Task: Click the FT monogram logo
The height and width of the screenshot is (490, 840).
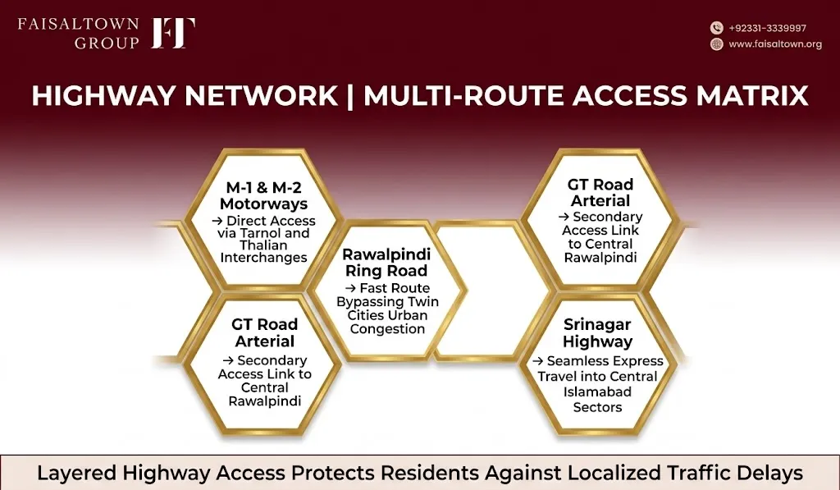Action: pos(173,33)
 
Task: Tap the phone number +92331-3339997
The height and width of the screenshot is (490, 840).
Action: pos(767,28)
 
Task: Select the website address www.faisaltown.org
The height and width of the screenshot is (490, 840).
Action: pos(775,44)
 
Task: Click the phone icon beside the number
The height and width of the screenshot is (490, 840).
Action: pos(716,28)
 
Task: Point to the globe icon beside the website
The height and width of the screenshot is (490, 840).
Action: pos(716,44)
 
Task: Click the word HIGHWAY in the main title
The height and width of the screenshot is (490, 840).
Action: pos(104,96)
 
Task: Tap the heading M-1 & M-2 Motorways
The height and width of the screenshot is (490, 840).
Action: pos(263,195)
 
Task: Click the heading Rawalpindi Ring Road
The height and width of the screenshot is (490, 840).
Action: pos(386,262)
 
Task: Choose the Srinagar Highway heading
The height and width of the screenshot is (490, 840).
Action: pos(597,333)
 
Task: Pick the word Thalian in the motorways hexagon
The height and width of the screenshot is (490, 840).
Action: pos(263,245)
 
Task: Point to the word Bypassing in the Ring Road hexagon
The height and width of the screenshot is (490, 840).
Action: pos(369,302)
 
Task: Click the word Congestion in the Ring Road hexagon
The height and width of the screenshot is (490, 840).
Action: pos(387,328)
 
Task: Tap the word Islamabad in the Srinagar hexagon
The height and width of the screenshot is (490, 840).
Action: pos(597,392)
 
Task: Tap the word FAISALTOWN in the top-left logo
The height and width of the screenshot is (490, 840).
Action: pos(78,25)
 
